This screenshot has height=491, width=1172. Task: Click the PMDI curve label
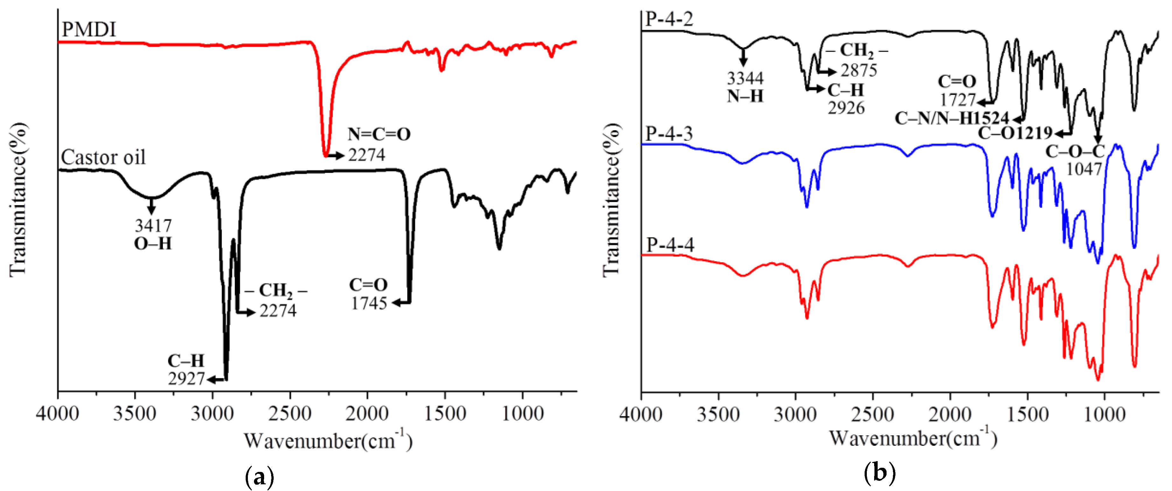(x=89, y=30)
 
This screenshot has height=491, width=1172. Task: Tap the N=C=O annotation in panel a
(x=379, y=134)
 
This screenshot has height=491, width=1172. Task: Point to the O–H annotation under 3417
(x=153, y=244)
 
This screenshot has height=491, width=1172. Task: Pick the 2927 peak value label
(x=186, y=379)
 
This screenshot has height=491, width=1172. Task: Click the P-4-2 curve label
(x=669, y=19)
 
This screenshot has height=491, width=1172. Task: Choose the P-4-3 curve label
(x=669, y=134)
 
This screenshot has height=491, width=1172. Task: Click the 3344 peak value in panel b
(x=745, y=79)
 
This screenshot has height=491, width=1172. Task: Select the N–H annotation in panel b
(x=745, y=96)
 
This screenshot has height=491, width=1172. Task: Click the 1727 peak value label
(x=958, y=100)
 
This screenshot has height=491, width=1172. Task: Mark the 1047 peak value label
(x=1084, y=169)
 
